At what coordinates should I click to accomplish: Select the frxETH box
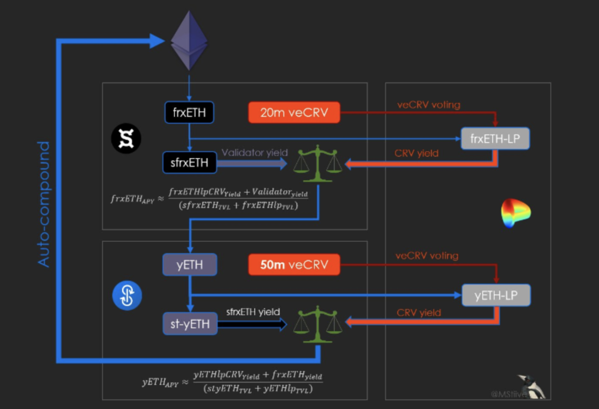(x=189, y=113)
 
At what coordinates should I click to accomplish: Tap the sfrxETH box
(x=190, y=163)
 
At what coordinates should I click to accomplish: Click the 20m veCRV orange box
(x=294, y=113)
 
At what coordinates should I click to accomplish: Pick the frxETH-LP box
(x=495, y=138)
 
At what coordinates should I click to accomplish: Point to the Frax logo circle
(x=126, y=139)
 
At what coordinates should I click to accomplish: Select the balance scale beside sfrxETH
(x=318, y=163)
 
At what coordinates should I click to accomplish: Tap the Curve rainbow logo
(x=516, y=213)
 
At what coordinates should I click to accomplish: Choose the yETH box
(x=190, y=265)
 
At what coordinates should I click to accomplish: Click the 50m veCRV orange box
(x=294, y=265)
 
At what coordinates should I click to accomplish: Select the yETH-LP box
(x=496, y=295)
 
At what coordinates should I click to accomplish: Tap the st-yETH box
(x=190, y=324)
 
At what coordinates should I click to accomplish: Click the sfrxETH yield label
(x=253, y=312)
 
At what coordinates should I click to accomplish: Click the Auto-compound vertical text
(x=44, y=204)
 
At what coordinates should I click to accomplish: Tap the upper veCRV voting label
(x=428, y=104)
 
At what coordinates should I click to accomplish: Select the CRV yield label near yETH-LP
(x=419, y=312)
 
